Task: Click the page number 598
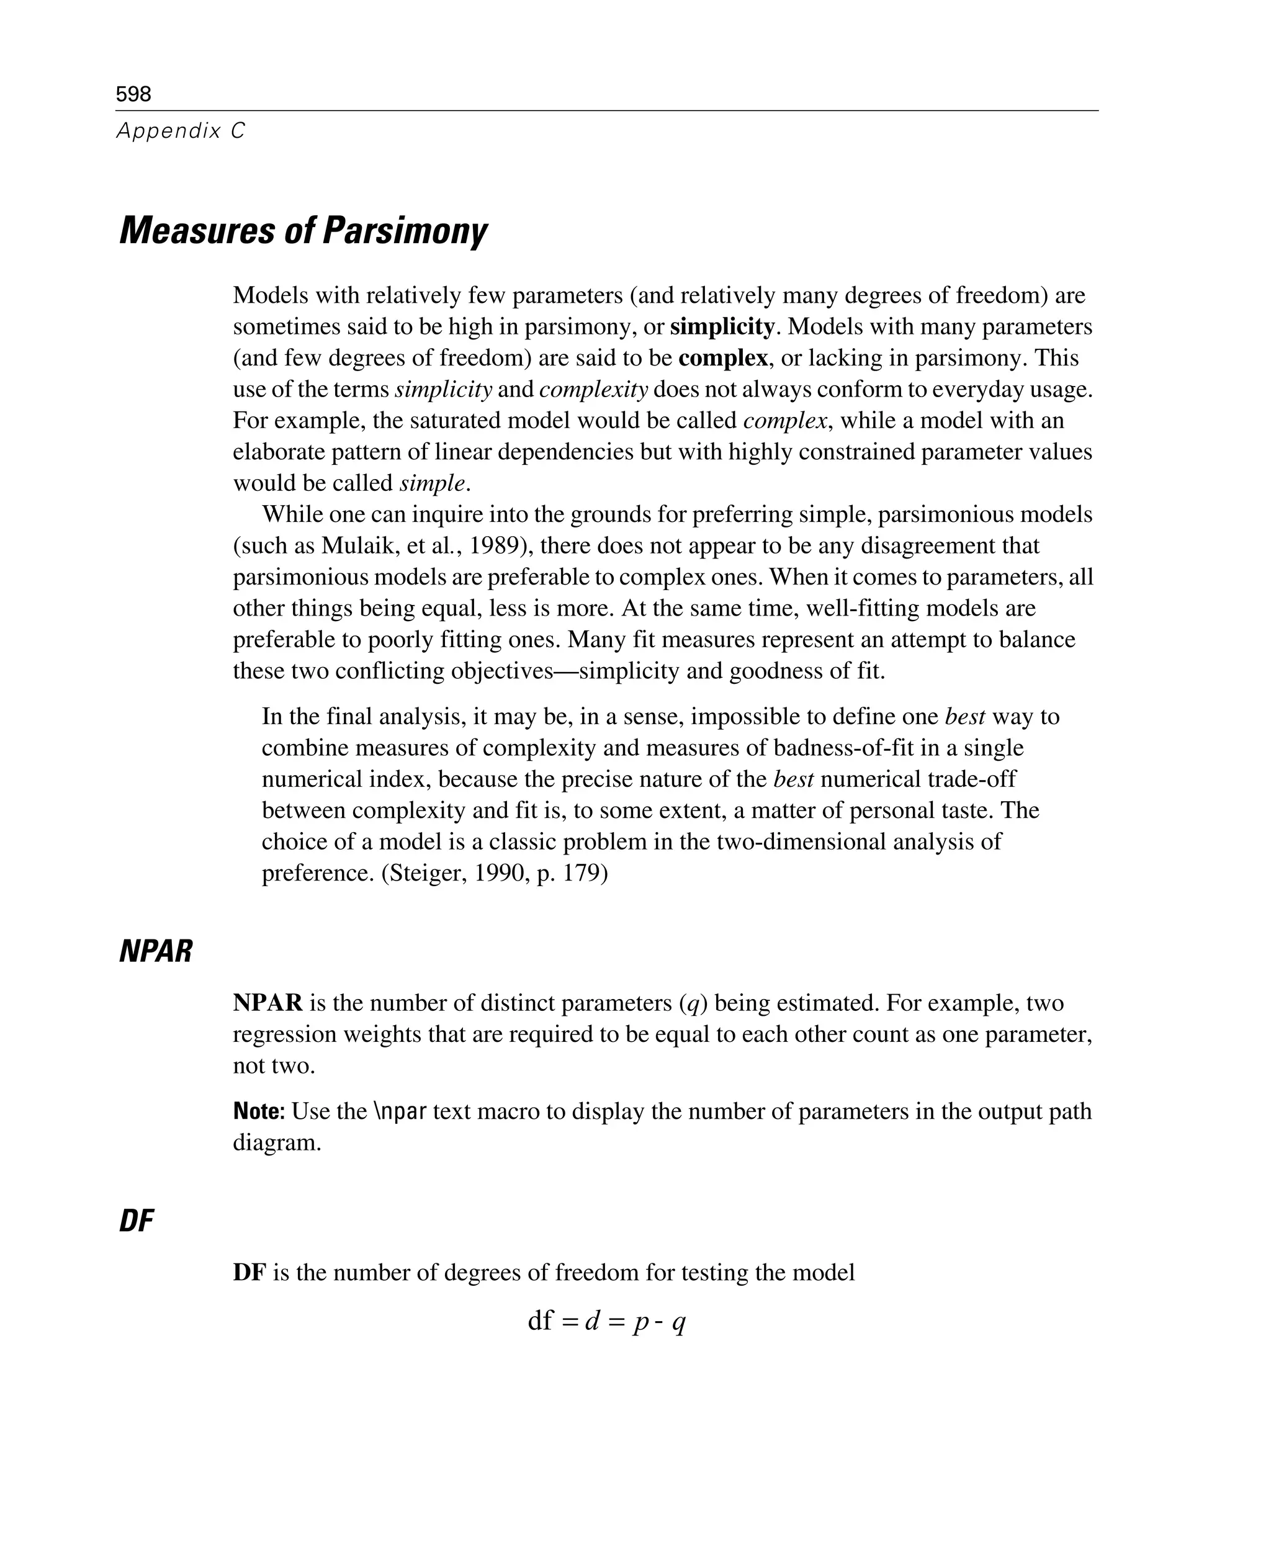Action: coord(133,94)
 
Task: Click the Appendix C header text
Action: coord(181,131)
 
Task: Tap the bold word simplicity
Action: coord(722,326)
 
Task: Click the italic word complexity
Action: coord(594,390)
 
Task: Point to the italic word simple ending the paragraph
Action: coord(432,483)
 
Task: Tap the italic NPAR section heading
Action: coord(155,952)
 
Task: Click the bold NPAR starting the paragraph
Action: coord(267,1003)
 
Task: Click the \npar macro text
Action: coord(400,1111)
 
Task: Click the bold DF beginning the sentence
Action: coord(249,1272)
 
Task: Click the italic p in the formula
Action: coord(640,1321)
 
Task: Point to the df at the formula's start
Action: coord(541,1320)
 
